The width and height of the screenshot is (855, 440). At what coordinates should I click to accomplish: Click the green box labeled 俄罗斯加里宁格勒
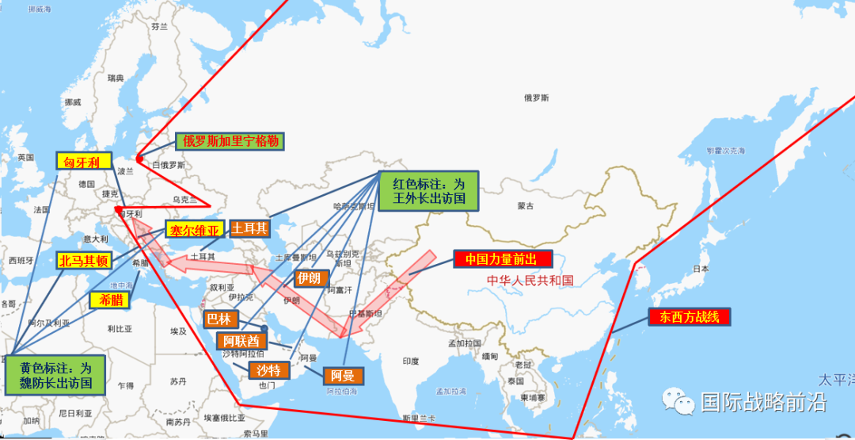click(231, 142)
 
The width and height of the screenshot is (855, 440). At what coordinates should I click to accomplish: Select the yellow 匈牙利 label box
click(82, 161)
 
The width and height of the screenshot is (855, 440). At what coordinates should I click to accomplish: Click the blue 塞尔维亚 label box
click(195, 230)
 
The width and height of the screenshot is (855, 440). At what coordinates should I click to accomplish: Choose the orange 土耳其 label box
click(250, 229)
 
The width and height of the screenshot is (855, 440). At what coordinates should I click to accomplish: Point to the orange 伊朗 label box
click(309, 278)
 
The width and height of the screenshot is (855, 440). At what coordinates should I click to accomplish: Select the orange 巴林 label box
click(218, 319)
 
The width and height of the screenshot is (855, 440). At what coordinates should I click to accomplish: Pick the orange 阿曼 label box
click(343, 376)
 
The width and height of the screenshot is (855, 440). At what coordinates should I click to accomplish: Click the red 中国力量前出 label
click(502, 259)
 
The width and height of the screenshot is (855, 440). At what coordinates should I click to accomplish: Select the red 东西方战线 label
click(689, 317)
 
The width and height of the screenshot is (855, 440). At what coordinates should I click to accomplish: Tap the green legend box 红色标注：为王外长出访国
click(428, 191)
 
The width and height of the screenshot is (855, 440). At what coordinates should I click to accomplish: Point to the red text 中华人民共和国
click(530, 280)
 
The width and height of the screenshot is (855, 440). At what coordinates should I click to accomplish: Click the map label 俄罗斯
click(536, 98)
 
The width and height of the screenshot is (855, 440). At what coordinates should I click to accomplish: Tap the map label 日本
click(701, 269)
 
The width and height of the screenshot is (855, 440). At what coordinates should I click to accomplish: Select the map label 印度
click(410, 361)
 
